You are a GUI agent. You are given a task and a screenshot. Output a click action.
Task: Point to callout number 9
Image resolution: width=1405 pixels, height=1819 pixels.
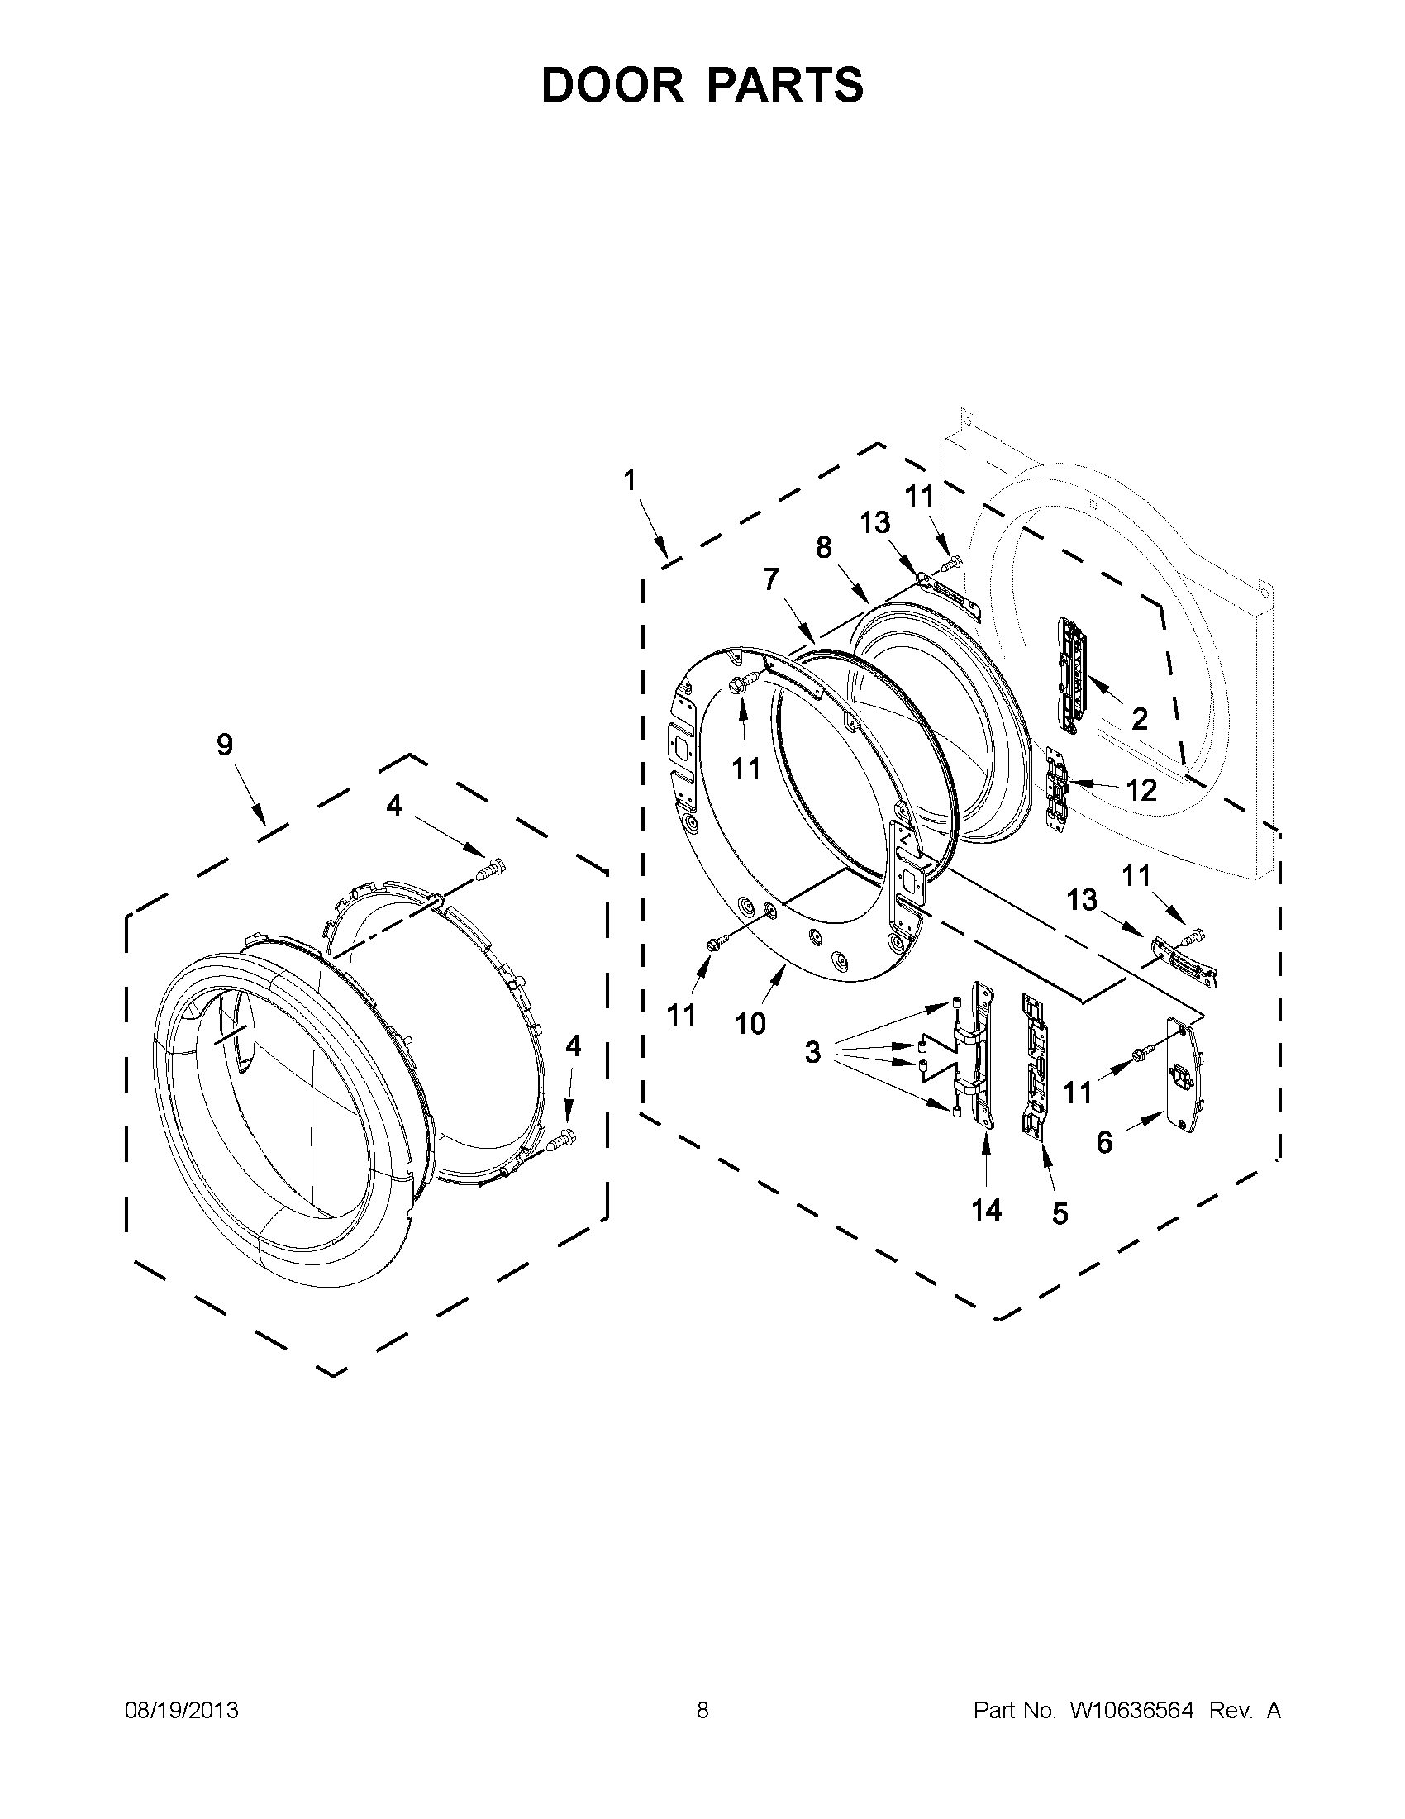click(225, 745)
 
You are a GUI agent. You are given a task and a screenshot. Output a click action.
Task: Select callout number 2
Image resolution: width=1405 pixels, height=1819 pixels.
click(1139, 718)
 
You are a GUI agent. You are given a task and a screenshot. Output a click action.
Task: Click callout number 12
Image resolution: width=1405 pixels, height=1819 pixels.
click(1141, 789)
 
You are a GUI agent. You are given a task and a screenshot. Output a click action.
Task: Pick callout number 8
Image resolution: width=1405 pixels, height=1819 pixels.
click(823, 547)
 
